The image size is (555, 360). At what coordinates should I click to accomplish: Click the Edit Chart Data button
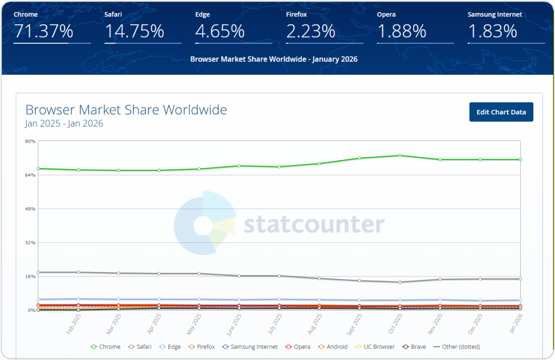[501, 112]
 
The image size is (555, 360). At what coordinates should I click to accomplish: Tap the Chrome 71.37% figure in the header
[43, 31]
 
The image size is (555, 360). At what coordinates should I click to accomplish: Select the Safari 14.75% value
[134, 31]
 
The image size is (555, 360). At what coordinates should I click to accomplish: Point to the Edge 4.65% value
[220, 31]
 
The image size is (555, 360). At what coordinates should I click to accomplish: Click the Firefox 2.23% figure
[311, 31]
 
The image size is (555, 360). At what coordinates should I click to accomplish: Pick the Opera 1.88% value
[402, 31]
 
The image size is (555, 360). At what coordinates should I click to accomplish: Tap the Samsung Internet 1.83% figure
[492, 31]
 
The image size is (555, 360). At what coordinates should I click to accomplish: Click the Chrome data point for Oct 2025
[400, 156]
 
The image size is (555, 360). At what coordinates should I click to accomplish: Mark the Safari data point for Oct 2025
[400, 282]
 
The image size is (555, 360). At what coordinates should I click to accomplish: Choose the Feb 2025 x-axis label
[74, 324]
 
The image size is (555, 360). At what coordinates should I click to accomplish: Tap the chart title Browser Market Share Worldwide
[126, 110]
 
